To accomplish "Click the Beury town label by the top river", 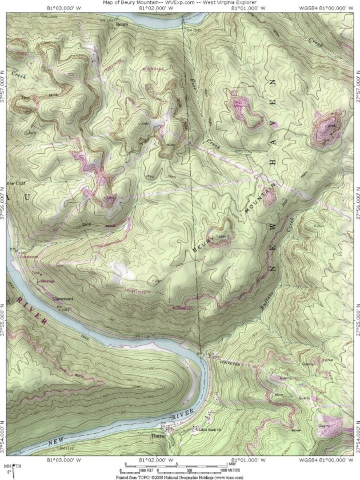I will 121,25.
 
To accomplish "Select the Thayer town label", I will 158,435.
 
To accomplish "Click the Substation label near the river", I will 29,257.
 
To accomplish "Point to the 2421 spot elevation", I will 158,281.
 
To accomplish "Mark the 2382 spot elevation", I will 145,123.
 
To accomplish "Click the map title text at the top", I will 180,2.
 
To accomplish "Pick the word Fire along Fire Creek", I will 193,86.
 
